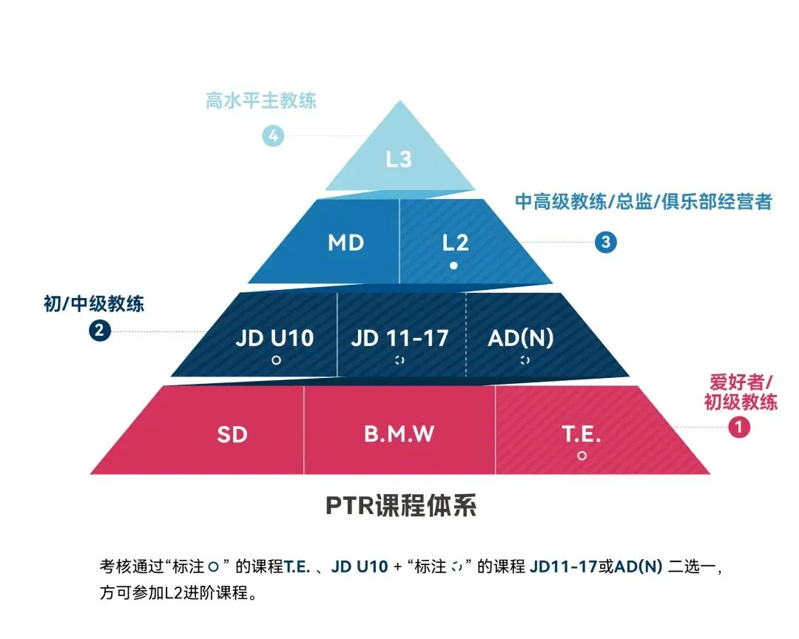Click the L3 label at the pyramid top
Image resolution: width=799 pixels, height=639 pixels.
coord(399,159)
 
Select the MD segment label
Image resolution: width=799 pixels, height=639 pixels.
coord(345,243)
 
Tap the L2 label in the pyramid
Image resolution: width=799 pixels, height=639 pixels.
coord(454,243)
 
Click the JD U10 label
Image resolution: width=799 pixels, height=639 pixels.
coord(275,338)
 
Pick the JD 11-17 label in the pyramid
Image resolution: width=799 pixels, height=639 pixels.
coord(399,338)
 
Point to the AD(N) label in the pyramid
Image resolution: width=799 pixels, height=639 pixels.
coord(521,338)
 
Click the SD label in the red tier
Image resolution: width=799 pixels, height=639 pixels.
coord(232,434)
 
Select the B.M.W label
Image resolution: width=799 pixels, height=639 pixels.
coord(399,434)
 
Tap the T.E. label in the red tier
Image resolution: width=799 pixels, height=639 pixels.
coord(581,434)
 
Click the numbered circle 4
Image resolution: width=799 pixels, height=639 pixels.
coord(274,136)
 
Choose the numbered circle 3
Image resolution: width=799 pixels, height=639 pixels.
coord(606,242)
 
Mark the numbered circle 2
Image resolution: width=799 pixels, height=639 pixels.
coord(100,331)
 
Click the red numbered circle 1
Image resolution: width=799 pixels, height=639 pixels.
coord(739,426)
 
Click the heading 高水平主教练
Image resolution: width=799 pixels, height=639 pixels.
coord(261,101)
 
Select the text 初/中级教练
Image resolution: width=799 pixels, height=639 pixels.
coord(94,303)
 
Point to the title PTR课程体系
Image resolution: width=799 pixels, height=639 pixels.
coord(400,507)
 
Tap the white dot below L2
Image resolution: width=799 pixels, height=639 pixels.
coord(454,266)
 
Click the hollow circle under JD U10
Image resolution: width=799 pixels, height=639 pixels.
coord(275,361)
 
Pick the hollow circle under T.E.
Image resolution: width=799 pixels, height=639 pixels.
coord(581,456)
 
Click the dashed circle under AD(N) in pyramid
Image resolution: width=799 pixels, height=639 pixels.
coord(525,360)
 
